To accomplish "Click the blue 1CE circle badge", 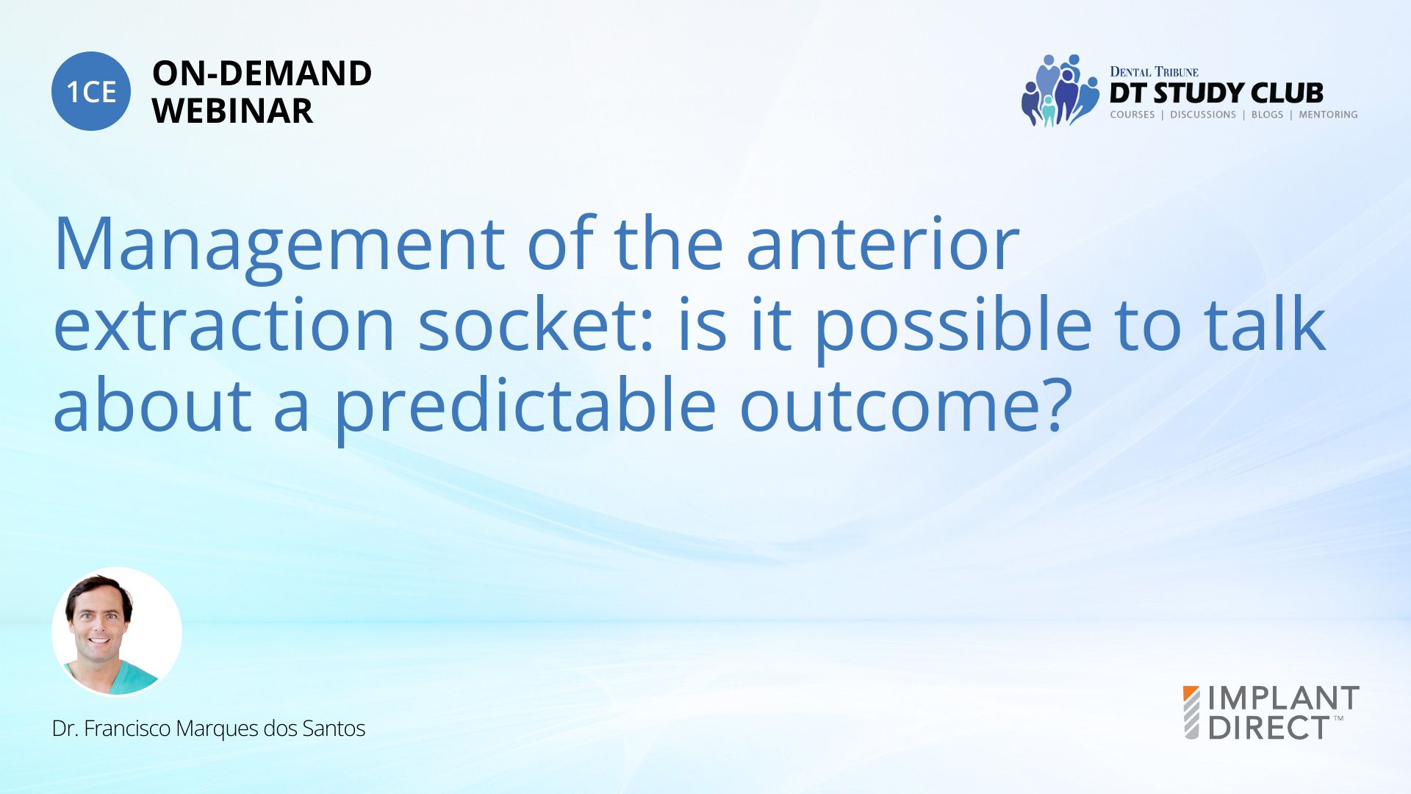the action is tap(91, 91).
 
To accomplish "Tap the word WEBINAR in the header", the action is tap(232, 111).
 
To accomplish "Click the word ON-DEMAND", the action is tap(262, 74).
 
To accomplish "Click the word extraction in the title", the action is tap(224, 324).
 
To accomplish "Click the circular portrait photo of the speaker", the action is tap(117, 632).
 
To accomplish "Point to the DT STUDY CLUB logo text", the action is tap(1216, 93).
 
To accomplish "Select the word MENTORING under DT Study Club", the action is tap(1328, 115).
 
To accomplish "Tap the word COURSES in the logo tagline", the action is tap(1132, 115).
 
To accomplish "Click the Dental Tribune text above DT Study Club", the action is tap(1154, 72).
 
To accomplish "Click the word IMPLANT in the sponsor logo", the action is tap(1284, 698).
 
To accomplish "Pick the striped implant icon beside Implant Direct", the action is tap(1191, 712).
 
